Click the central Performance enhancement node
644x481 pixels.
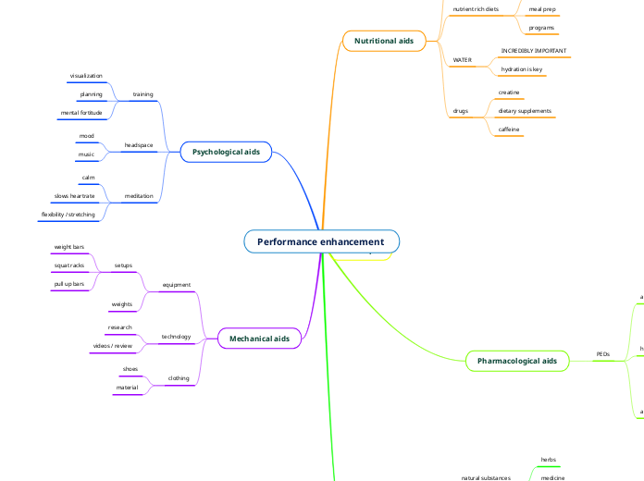[x=321, y=241]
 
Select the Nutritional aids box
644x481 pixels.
[x=383, y=41]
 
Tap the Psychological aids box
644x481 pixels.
[x=225, y=151]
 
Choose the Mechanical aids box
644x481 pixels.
[x=259, y=339]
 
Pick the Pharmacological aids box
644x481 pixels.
[x=516, y=361]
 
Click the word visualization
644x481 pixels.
[x=86, y=76]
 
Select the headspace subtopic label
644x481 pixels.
[x=138, y=145]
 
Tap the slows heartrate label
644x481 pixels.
[x=74, y=196]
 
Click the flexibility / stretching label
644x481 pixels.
[x=68, y=214]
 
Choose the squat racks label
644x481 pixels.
[x=69, y=265]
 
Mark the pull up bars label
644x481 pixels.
[x=69, y=283]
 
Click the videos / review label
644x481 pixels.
[x=112, y=345]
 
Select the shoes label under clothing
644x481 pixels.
[x=130, y=369]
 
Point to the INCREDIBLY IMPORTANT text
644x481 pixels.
[x=534, y=51]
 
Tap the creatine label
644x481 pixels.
[x=509, y=92]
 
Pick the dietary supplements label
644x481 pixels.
[x=525, y=111]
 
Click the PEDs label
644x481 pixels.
[x=602, y=354]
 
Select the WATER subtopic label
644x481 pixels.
[x=462, y=60]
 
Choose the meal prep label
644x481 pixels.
[x=541, y=9]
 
